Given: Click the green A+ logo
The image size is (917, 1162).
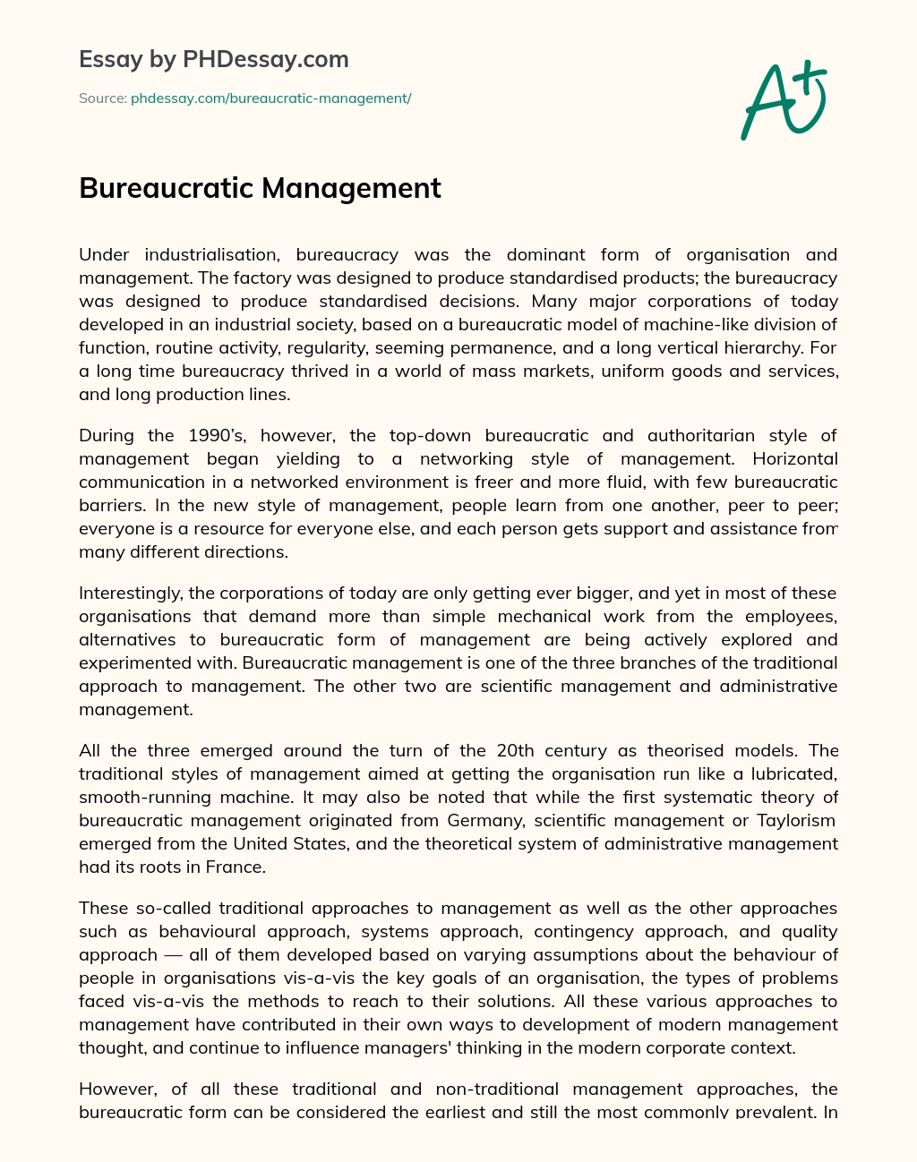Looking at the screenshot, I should (x=784, y=99).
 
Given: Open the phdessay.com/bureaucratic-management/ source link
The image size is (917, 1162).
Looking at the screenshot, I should (x=270, y=98).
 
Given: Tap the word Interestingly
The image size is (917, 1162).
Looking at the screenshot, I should (x=132, y=593).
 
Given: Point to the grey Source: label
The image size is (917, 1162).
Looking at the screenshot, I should (x=103, y=98).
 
